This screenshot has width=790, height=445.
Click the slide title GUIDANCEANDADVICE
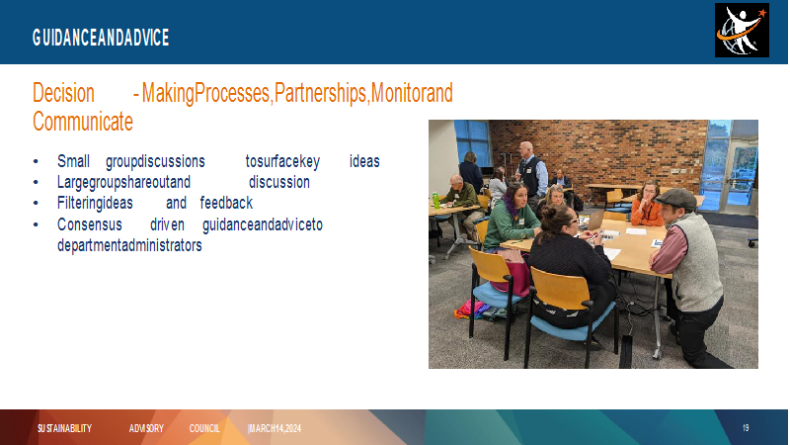pyautogui.click(x=101, y=38)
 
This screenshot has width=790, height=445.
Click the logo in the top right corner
pyautogui.click(x=742, y=31)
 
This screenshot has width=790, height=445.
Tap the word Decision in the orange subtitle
pyautogui.click(x=63, y=93)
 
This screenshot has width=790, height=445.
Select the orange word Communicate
pyautogui.click(x=83, y=122)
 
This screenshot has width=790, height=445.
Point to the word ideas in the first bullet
pyautogui.click(x=364, y=161)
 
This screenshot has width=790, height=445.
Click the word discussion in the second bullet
pyautogui.click(x=279, y=182)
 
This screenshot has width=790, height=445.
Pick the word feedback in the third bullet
pyautogui.click(x=226, y=203)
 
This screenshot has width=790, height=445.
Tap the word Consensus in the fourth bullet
pyautogui.click(x=90, y=224)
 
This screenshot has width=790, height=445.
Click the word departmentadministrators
pyautogui.click(x=129, y=245)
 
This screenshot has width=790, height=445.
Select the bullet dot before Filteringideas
pyautogui.click(x=36, y=204)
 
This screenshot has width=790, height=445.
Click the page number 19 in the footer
pyautogui.click(x=746, y=428)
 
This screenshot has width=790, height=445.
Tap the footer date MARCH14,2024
pyautogui.click(x=275, y=428)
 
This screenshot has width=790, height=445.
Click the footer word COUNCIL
pyautogui.click(x=204, y=428)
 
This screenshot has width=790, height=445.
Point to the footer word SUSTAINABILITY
pyautogui.click(x=64, y=428)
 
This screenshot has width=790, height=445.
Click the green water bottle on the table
pyautogui.click(x=435, y=200)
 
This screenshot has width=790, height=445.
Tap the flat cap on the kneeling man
pyautogui.click(x=676, y=198)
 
